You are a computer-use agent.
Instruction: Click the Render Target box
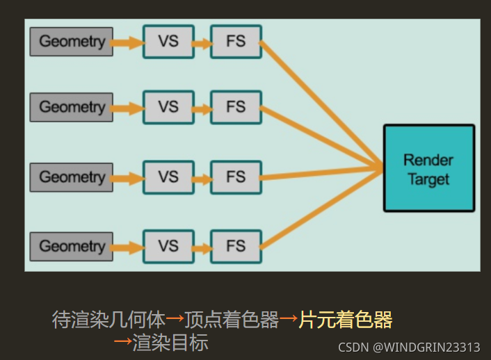(429, 168)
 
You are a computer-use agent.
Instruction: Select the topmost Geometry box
(71, 42)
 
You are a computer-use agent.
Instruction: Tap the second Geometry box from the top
(71, 107)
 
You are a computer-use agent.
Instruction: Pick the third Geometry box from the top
(71, 177)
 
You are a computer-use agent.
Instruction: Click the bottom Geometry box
(71, 246)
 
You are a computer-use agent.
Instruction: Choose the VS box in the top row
(168, 42)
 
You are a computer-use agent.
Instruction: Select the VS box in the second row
(168, 107)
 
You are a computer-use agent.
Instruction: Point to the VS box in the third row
(168, 177)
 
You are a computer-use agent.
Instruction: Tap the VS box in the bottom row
(168, 246)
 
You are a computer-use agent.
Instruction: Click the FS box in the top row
(236, 42)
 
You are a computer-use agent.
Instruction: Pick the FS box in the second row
(236, 107)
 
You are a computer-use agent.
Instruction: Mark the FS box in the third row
(236, 177)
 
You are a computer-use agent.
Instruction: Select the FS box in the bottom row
(236, 246)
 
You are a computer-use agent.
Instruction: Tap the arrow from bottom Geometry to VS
(127, 247)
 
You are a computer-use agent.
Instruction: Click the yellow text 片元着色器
(346, 320)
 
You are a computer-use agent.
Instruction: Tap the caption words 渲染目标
(170, 342)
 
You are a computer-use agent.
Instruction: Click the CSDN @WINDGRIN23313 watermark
(409, 347)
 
